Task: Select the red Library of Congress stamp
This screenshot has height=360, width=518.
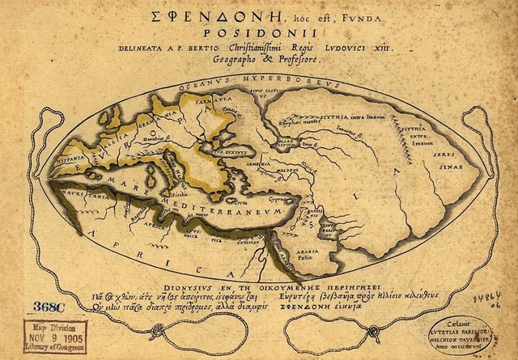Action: click(x=48, y=335)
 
